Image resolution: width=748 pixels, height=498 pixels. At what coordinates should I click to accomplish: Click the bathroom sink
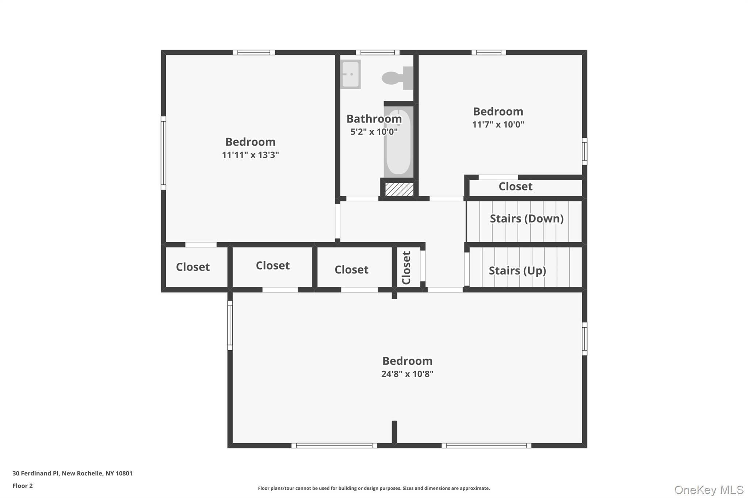(x=350, y=74)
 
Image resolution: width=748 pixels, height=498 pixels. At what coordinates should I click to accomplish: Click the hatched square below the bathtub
(x=399, y=189)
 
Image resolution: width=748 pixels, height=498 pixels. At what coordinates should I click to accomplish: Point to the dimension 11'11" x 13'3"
(x=250, y=155)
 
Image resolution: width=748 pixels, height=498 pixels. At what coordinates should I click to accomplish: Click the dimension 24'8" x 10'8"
(x=407, y=374)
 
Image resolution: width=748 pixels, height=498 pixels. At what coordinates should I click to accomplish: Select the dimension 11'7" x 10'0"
(x=498, y=124)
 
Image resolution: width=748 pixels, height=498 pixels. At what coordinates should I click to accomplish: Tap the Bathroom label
(x=374, y=119)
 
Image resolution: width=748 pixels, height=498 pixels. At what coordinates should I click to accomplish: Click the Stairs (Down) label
(x=526, y=219)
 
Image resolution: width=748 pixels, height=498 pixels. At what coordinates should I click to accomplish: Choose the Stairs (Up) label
(x=517, y=271)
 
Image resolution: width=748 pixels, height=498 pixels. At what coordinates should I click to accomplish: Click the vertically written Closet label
(x=407, y=267)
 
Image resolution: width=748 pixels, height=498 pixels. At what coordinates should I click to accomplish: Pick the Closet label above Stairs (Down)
(x=515, y=186)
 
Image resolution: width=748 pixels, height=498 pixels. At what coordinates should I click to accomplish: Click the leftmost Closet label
(x=192, y=267)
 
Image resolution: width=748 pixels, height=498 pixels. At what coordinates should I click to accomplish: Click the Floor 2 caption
(x=23, y=486)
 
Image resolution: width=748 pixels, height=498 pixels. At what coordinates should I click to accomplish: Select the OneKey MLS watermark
(x=709, y=490)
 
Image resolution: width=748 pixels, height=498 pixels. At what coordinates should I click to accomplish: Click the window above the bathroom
(x=377, y=53)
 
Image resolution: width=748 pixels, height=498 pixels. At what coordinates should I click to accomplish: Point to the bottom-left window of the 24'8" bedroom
(x=334, y=445)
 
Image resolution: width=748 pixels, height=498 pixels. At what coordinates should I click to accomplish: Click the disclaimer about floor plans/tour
(x=374, y=488)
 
